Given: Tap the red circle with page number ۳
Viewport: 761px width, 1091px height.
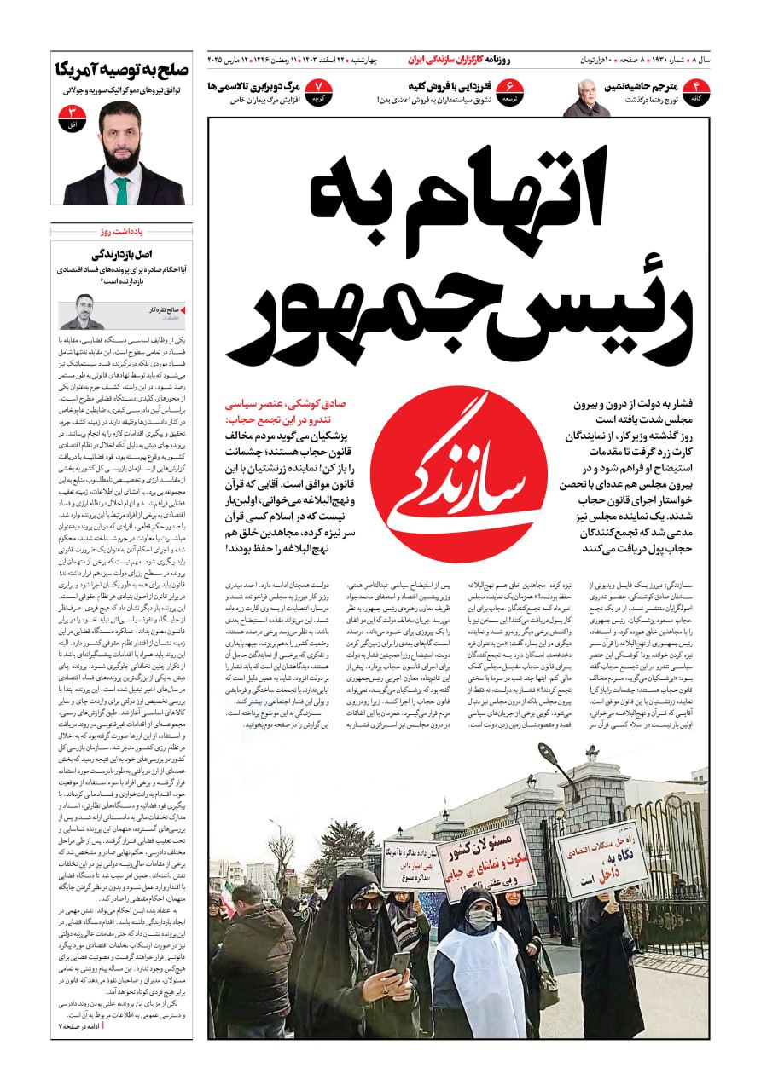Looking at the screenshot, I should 73,118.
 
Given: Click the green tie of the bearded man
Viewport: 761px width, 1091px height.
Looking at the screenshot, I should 121,190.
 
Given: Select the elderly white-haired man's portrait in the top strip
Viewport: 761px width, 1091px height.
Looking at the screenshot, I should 586,98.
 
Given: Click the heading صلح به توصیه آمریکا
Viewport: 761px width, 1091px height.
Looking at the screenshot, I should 122,70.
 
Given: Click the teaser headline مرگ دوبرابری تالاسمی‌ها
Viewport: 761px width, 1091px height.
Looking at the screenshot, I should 253,86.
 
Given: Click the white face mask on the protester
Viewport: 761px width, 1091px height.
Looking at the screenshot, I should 480,919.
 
